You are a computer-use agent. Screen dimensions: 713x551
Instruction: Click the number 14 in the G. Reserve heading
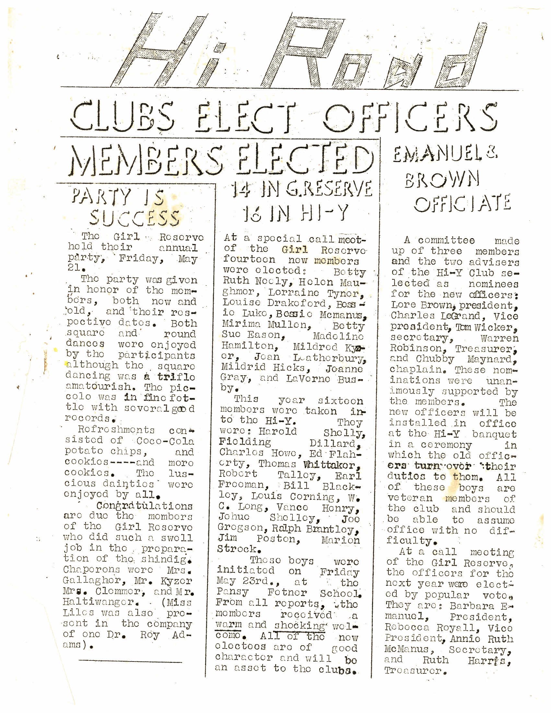[241, 190]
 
